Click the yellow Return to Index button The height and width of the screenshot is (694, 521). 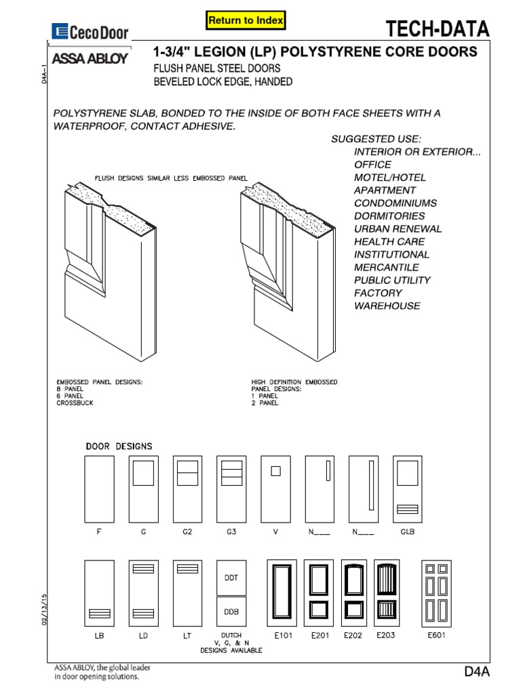point(246,21)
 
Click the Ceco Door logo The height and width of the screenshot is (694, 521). point(90,31)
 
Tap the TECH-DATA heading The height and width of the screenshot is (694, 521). point(437,29)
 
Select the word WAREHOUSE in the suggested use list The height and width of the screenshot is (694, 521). point(387,306)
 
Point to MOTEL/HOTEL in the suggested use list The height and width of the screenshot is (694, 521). point(390,178)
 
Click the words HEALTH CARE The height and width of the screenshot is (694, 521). point(389,241)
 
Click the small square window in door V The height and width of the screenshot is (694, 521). point(275,471)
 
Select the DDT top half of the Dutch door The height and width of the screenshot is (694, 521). point(231,577)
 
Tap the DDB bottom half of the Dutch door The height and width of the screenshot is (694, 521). point(231,611)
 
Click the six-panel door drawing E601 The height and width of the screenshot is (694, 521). point(436,593)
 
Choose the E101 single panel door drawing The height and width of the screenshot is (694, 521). point(282,593)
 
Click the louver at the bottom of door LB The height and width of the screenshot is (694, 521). point(99,613)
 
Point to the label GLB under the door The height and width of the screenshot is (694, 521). point(407,532)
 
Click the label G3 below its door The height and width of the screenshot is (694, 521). point(231,532)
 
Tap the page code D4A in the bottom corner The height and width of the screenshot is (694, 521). point(477,671)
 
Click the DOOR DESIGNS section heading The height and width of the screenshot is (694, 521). point(119,446)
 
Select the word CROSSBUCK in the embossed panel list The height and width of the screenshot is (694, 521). point(75,403)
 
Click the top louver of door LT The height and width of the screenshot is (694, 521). point(187,569)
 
